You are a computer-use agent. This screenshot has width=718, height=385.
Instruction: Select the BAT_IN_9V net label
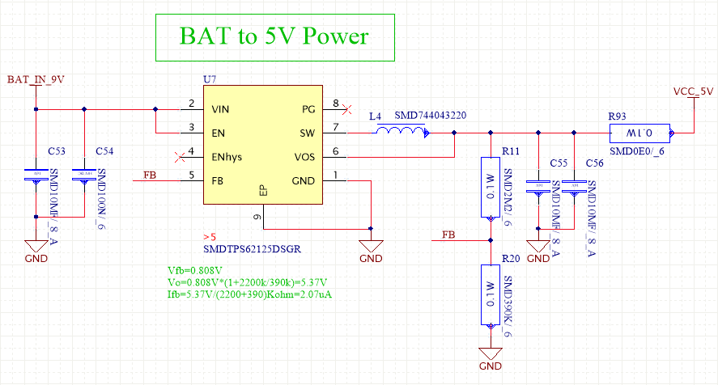coord(35,79)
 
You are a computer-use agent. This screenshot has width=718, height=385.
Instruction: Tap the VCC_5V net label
coord(694,91)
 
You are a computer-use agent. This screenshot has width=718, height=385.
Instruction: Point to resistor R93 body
coord(640,133)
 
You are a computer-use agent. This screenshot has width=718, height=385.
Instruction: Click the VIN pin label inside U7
coord(220,108)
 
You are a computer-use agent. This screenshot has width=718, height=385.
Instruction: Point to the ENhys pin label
coord(226,157)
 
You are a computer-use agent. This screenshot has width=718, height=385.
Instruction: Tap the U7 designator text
coord(210,79)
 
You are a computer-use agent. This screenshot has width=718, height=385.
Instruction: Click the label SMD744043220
coord(430,116)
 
